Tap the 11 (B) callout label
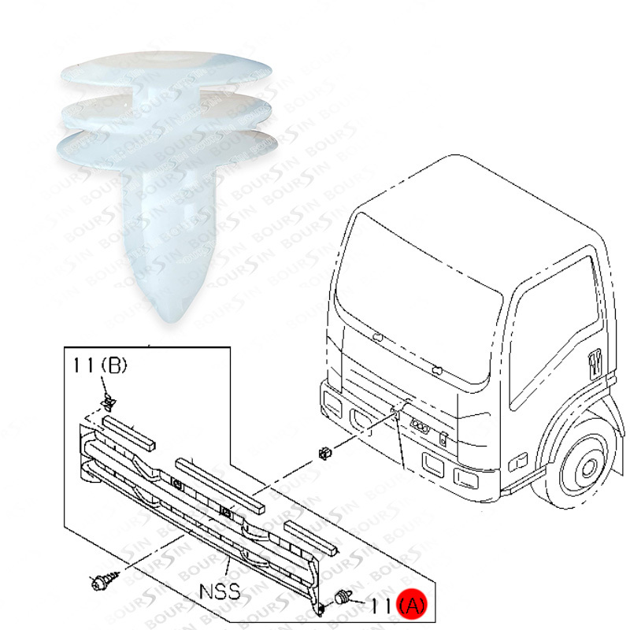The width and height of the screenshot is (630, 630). coord(100,365)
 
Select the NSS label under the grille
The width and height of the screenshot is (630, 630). coord(220,591)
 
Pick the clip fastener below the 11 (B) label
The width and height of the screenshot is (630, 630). coord(108,402)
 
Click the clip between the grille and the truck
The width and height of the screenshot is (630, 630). coord(324,454)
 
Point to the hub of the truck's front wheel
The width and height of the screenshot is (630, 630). coord(588,468)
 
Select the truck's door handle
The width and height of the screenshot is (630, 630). coord(595,365)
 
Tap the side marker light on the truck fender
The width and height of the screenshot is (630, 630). coord(518,461)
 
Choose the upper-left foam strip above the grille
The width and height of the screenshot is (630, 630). coord(129,432)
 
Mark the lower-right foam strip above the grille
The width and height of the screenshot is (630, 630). coord(310,538)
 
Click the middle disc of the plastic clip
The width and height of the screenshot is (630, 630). coord(167,110)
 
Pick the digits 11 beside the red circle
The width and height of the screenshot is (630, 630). coord(380,606)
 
